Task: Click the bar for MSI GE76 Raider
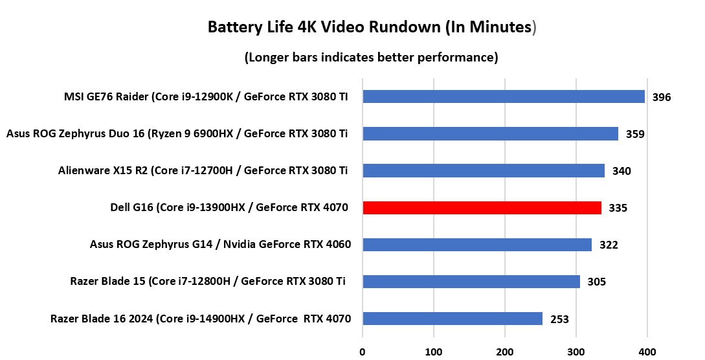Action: point(504,96)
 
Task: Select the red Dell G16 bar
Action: point(482,208)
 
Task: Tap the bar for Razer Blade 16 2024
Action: point(453,319)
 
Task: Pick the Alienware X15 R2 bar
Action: point(484,171)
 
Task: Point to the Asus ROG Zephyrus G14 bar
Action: point(477,245)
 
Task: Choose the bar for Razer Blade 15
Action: point(471,282)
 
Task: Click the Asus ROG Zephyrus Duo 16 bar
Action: point(490,134)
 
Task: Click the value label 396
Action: point(662,98)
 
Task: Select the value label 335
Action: point(618,208)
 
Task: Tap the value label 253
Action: point(559,319)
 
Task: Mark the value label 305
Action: point(596,282)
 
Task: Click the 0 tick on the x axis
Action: point(363,352)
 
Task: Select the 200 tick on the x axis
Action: point(505,352)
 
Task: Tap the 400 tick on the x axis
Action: point(647,352)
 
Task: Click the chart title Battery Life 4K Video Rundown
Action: point(372,27)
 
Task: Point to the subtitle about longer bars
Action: point(371,58)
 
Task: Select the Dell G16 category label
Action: point(230,208)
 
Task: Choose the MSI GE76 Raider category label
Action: point(206,97)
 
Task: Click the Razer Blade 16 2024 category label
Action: point(200,319)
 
